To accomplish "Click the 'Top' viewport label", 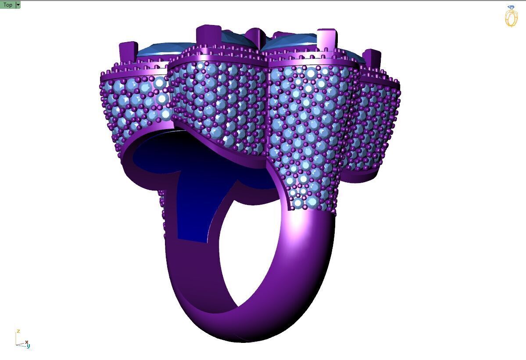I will tap(7, 5).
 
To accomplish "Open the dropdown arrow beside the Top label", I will tap(18, 5).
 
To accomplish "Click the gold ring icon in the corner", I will tap(511, 18).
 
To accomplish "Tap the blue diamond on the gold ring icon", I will tap(511, 8).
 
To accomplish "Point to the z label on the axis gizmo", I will tap(18, 331).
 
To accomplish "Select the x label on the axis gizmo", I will tap(27, 342).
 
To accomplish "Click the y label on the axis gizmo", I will tap(29, 346).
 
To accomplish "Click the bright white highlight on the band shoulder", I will tap(298, 222).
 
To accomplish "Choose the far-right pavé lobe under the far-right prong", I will tap(377, 123).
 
